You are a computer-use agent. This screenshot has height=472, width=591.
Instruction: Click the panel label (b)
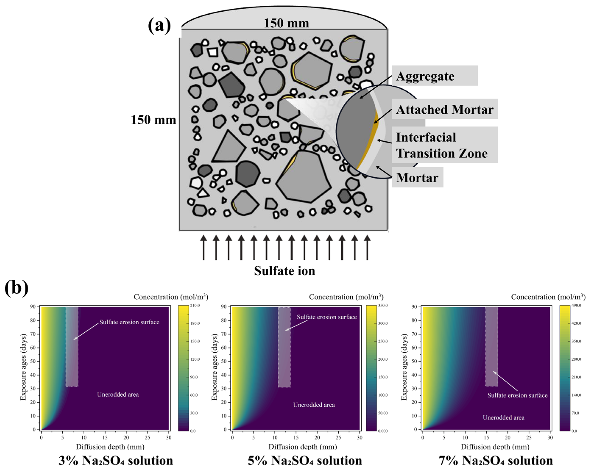point(17,288)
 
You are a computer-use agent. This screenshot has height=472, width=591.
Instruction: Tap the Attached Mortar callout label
point(445,110)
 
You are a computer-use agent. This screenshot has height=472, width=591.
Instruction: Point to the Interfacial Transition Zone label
point(441,145)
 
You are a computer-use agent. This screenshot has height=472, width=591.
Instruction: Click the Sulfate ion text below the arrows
point(285,271)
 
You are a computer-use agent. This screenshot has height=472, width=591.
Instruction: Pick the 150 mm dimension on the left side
point(153,120)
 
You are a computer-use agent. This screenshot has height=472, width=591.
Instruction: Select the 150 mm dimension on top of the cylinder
point(286,23)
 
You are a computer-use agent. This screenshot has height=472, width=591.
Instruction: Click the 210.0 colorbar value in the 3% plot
point(195,305)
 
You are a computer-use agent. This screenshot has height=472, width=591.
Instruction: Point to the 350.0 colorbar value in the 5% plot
point(383,305)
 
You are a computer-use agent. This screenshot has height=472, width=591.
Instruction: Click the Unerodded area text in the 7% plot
point(503,418)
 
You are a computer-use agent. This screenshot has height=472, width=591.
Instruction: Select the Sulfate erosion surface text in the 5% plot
point(327,317)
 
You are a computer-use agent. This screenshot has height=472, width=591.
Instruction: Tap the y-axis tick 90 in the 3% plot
point(33,307)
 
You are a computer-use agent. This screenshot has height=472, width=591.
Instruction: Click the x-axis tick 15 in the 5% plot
point(296,437)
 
